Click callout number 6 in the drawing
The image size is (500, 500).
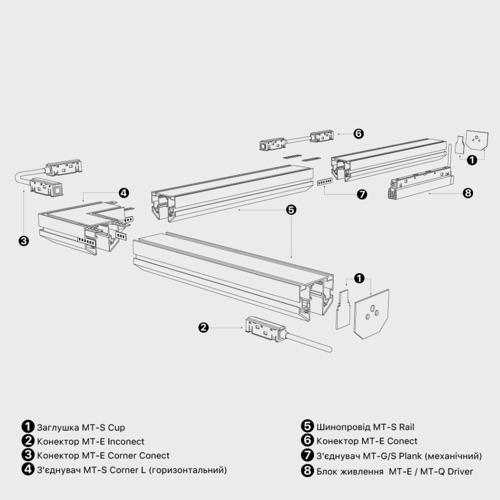click(358, 134)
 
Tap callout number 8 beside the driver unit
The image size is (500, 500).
click(467, 193)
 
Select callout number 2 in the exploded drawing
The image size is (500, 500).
click(204, 327)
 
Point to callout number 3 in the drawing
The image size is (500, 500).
click(24, 241)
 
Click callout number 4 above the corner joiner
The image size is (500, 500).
click(124, 193)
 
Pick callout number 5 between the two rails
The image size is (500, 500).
click(291, 209)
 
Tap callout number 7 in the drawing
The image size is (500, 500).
click(362, 194)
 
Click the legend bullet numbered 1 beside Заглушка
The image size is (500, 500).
click(28, 426)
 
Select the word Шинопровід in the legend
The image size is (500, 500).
click(343, 427)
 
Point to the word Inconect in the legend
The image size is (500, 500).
click(126, 442)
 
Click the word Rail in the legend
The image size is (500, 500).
click(406, 427)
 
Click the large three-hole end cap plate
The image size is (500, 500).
click(372, 314)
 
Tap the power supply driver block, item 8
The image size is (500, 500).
click(421, 185)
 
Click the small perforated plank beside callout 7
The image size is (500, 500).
click(325, 182)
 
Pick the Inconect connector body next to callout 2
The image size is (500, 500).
click(264, 329)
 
